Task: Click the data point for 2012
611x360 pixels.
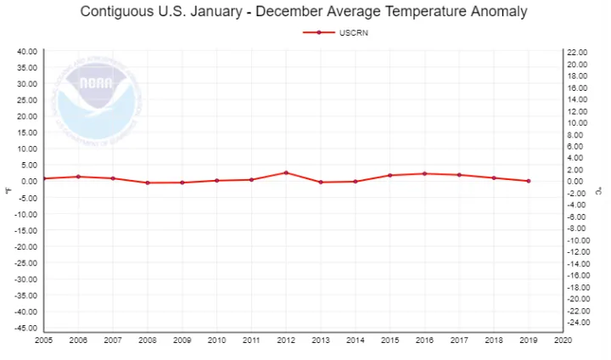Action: (286, 172)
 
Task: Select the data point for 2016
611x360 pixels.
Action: (424, 173)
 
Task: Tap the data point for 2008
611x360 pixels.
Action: (148, 183)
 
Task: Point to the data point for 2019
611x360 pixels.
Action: (529, 181)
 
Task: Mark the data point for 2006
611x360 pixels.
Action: (78, 177)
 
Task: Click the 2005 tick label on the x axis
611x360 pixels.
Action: (43, 340)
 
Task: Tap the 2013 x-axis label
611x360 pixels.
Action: (321, 340)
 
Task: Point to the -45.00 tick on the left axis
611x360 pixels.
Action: (25, 328)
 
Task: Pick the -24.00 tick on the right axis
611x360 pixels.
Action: (578, 323)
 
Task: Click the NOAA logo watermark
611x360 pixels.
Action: (96, 93)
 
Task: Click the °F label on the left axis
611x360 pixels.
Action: (8, 189)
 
